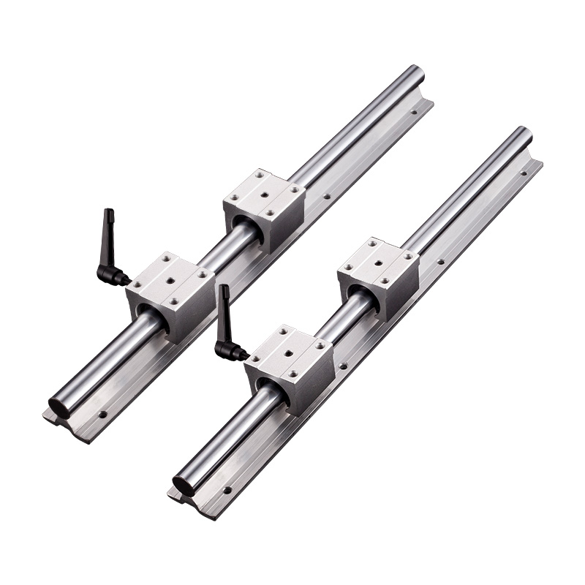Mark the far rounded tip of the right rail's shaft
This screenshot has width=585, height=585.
[524, 134]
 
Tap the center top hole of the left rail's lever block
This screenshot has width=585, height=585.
[170, 279]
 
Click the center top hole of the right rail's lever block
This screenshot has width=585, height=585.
[289, 353]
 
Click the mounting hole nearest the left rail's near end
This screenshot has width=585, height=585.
[102, 415]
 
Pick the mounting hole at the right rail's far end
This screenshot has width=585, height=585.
[524, 173]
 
